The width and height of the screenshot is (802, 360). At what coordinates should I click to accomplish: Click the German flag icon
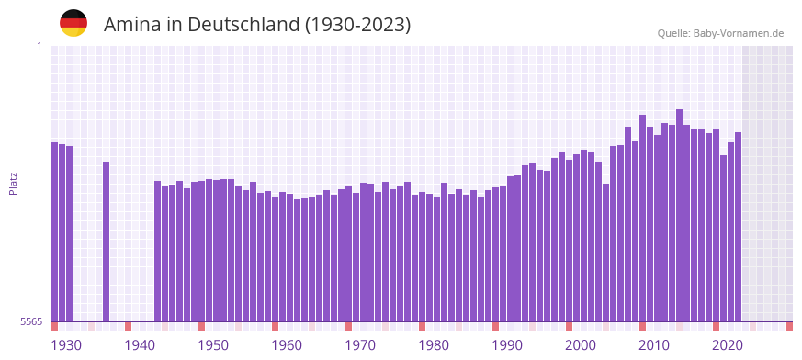point(73,23)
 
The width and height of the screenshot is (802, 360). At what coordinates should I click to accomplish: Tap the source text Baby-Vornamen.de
point(740,33)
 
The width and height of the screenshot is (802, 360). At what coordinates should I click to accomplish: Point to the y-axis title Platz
point(13,183)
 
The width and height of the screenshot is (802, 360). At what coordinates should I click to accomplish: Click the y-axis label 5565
point(30,321)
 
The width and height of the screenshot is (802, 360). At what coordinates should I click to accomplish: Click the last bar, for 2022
point(738,226)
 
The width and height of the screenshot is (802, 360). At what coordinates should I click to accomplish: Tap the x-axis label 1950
point(213,345)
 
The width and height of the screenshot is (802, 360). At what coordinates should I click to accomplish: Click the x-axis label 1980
point(434,345)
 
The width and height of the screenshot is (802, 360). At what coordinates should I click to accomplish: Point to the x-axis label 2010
point(654,345)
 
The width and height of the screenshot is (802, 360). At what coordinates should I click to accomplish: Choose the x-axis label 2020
point(728,345)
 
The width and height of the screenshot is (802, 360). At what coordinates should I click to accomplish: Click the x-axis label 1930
point(66,345)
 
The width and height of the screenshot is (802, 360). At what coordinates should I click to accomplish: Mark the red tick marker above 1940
point(129,326)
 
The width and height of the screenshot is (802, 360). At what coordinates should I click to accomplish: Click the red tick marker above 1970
point(349,326)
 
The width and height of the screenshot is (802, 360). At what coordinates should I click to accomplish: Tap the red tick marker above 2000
point(570,326)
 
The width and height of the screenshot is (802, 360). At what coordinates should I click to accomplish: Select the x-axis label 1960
point(287,345)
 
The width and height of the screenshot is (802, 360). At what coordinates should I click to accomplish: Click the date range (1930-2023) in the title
point(357,25)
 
